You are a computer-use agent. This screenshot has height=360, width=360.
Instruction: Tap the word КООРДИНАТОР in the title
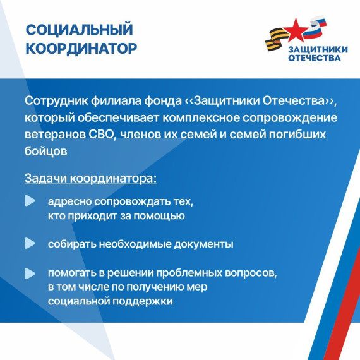81,48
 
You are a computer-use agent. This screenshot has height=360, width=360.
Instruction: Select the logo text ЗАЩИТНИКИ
315,49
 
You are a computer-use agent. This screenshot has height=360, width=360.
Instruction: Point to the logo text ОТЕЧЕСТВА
314,58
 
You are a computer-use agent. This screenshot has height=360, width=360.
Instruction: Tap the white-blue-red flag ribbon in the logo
316,27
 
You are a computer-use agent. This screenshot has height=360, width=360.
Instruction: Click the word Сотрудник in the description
54,102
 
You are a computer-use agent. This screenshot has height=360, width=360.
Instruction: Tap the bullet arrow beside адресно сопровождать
30,201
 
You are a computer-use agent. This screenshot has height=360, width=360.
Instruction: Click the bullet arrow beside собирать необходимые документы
30,243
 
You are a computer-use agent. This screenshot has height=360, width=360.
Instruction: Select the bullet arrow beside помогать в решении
30,273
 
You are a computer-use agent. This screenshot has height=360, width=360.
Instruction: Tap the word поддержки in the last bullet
143,301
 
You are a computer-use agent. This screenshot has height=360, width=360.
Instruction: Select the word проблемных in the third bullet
198,273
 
